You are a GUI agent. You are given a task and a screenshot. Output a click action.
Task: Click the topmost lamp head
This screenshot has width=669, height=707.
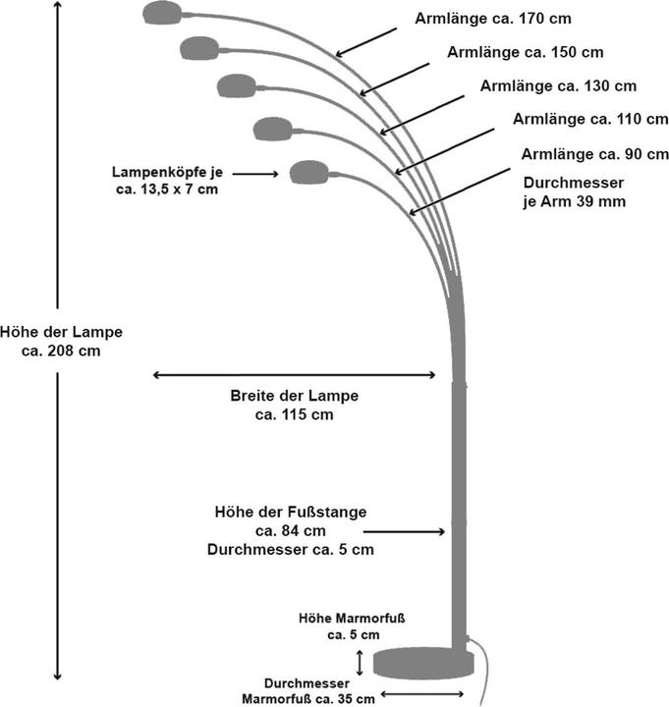click(163, 13)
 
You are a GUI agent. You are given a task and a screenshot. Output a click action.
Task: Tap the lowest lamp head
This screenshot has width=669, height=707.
click(308, 172)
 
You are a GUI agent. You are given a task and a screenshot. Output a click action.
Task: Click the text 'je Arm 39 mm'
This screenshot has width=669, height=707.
click(574, 201)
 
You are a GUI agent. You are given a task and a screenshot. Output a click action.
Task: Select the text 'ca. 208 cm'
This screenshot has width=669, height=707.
click(60, 350)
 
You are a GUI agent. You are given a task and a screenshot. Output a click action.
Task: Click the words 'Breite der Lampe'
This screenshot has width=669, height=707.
click(294, 397)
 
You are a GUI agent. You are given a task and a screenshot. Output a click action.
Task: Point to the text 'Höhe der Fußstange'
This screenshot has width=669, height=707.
click(291, 513)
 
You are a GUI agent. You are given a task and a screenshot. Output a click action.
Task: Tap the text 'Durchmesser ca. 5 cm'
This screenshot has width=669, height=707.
click(291, 550)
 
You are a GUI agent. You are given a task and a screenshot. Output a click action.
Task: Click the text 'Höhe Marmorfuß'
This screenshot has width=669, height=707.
click(352, 619)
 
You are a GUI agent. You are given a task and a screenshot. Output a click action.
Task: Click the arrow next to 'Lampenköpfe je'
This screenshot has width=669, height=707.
click(256, 174)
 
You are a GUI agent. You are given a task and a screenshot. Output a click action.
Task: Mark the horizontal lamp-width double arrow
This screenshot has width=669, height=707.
click(294, 374)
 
